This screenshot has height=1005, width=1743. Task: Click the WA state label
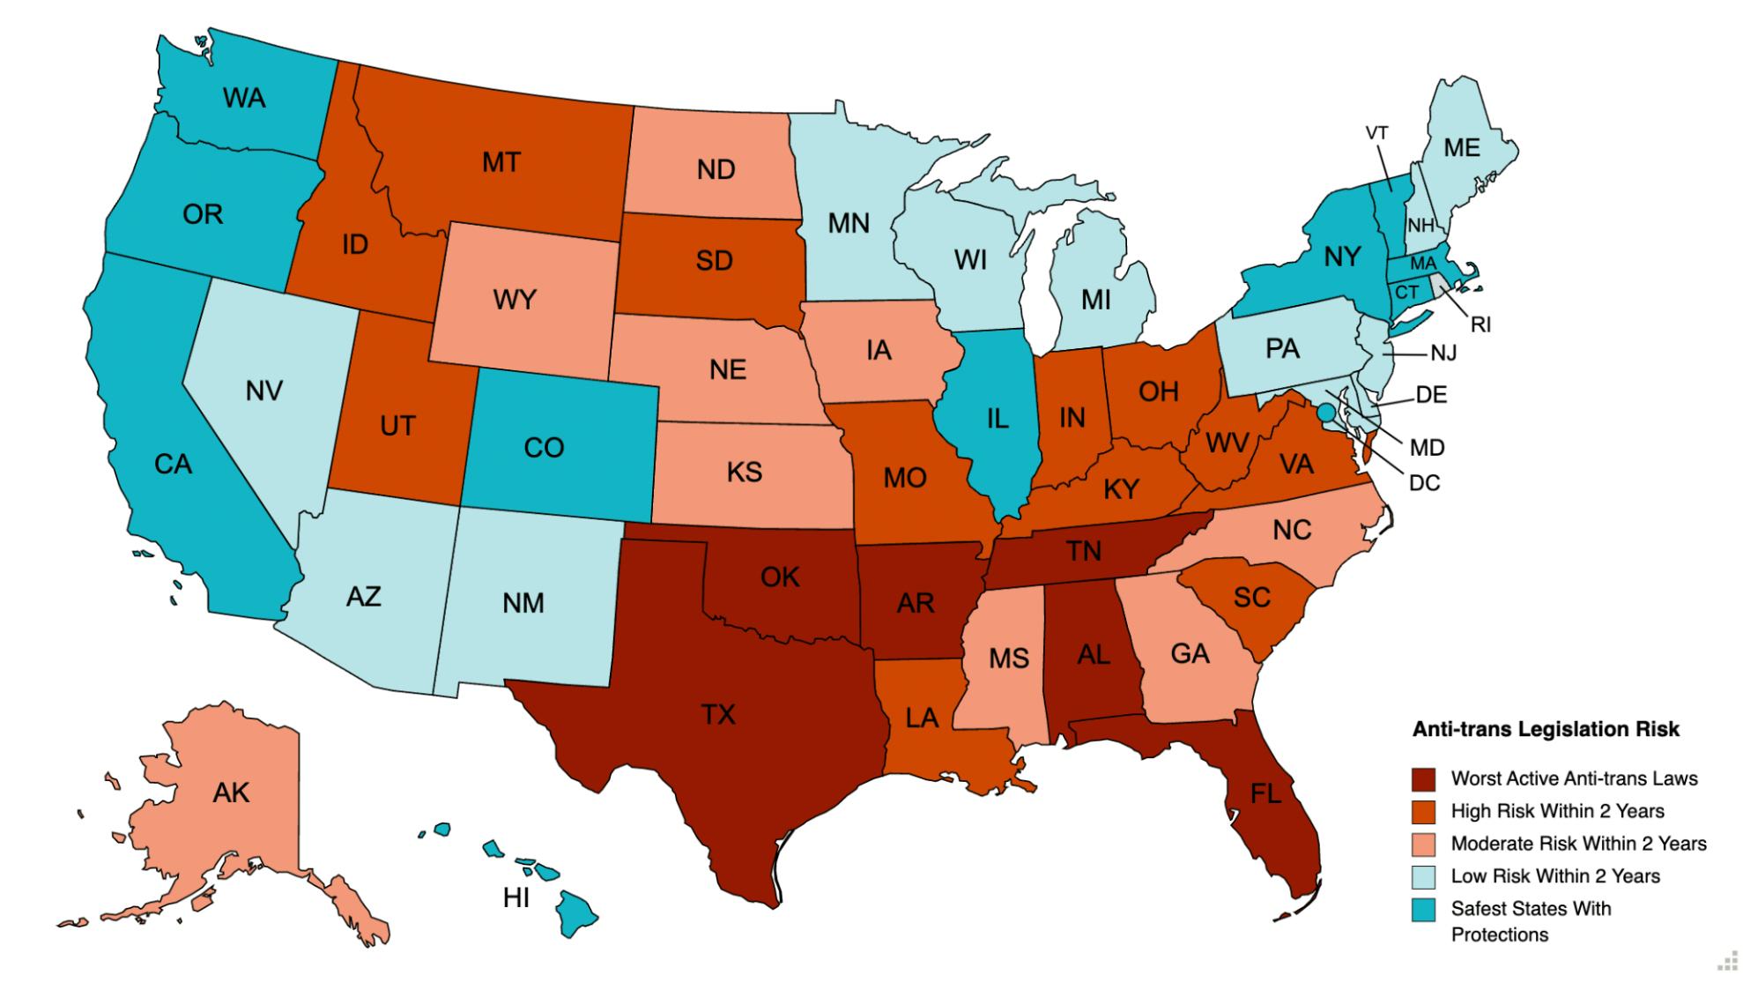coord(244,98)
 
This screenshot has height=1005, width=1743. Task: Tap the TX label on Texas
coord(718,714)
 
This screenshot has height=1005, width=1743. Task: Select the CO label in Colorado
coord(544,448)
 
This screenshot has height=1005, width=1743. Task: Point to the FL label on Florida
coord(1265,794)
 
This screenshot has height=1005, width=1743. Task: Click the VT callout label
coord(1376,133)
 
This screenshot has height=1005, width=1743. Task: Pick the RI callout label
coord(1480,324)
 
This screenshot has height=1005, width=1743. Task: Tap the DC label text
coord(1424,483)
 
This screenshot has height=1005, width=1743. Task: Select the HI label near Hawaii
coord(515,898)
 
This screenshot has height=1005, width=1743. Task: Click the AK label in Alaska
coord(231,793)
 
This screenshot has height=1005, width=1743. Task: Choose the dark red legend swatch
coord(1423,779)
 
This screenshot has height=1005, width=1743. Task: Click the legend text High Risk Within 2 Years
coord(1557,811)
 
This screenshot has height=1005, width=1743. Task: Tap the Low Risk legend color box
coord(1423,876)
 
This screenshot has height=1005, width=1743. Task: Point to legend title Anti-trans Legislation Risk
coord(1546,729)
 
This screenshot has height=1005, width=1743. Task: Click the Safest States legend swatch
coord(1423,909)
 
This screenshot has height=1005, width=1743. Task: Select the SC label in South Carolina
coord(1251,598)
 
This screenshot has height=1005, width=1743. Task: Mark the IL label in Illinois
coord(997,419)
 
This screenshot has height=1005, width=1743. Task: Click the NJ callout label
coord(1443,354)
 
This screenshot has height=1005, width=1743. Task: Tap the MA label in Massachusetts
coord(1423,264)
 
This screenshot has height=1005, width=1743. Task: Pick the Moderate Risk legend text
coord(1578,844)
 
